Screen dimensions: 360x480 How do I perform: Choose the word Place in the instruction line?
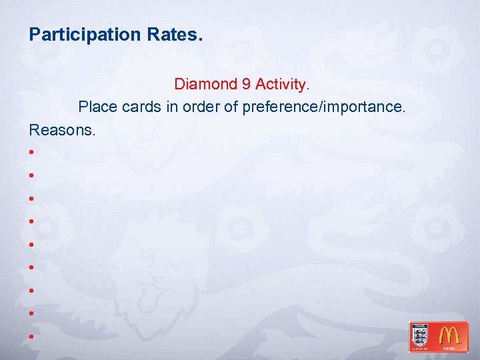[95, 107]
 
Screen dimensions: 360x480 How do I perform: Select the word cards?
[139, 107]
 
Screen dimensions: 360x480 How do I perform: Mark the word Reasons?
[62, 129]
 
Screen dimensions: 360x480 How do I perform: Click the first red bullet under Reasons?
[31, 153]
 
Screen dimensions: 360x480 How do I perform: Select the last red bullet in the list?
[31, 337]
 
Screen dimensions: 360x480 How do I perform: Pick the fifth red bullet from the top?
[31, 245]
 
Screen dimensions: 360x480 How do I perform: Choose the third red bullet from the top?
[31, 199]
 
